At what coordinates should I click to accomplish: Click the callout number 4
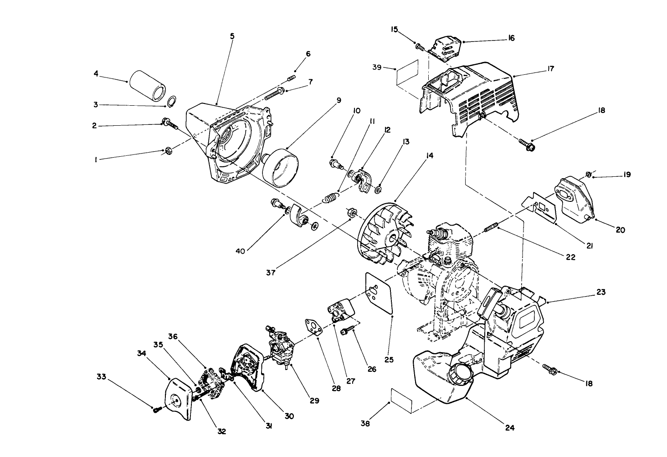tap(96, 72)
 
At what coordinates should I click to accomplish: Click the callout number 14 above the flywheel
tap(429, 156)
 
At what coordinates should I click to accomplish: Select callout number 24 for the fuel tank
tap(510, 427)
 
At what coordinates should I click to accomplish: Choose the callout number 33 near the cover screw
tap(101, 376)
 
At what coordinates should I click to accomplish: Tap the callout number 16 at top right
tap(511, 38)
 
